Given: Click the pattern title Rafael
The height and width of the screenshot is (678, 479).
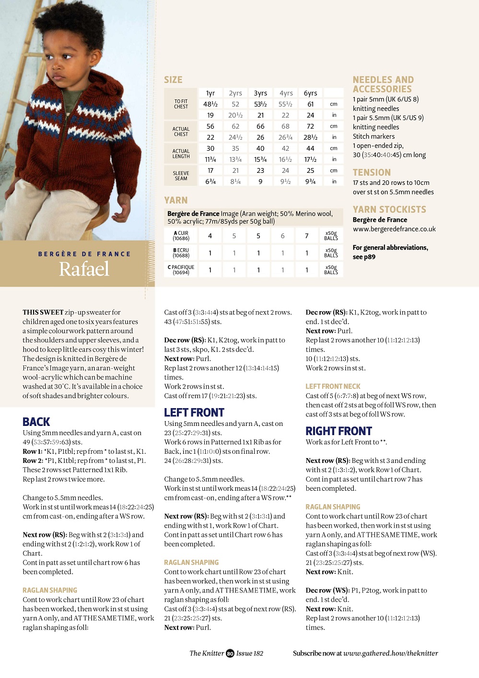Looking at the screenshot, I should coord(84,269).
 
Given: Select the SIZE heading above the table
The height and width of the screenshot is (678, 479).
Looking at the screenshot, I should coord(173,80).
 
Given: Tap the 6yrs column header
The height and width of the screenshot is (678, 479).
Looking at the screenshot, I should coord(310,93).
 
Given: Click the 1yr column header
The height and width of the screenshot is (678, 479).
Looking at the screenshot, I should coord(210,93).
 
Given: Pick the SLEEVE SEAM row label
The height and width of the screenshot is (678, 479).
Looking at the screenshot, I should coord(181,176).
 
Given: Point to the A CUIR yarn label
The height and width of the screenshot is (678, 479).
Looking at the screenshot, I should coord(181,236).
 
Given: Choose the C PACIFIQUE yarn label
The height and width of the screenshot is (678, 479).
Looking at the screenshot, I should coord(181,270).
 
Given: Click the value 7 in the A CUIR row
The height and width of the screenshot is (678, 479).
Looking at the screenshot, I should coord(307,236).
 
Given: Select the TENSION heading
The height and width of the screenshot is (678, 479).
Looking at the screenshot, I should coord(372,172).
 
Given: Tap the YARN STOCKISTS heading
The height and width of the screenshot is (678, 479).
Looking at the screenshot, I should coord(389,209).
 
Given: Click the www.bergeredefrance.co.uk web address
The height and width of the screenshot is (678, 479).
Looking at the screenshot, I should coord(394,229).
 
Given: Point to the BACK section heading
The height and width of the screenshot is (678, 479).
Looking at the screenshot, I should coord(36,422).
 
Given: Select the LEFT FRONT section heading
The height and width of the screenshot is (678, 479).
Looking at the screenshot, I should coord(194,412).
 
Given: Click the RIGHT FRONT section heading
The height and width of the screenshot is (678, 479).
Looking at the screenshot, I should coord(339,431).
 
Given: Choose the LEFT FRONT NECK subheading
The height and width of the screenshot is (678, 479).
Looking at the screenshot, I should coord(333,387).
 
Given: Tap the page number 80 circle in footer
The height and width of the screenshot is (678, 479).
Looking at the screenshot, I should coord(230,654).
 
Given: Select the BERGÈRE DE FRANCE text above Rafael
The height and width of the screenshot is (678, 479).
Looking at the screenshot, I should coord(84,254).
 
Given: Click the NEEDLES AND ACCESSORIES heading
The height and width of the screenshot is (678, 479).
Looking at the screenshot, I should coord(383,84).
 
